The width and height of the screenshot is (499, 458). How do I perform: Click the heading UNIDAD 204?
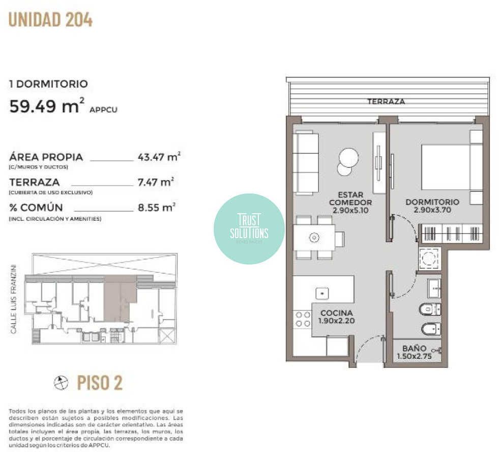pos(50,20)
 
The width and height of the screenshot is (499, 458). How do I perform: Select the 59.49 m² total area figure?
pos(46,107)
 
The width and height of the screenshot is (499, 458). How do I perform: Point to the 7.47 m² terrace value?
pos(156,182)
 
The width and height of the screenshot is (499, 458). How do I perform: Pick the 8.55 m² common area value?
pos(157,207)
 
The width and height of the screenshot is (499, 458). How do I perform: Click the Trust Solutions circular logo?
pos(249,229)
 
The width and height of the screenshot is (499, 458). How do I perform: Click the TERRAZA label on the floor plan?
pos(386,102)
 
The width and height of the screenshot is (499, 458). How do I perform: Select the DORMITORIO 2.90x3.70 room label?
pos(432,206)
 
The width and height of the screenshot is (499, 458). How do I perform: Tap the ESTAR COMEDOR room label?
pos(350,202)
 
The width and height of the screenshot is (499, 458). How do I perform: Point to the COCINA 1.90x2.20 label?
pos(336,317)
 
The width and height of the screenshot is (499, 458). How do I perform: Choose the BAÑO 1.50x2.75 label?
pos(414,352)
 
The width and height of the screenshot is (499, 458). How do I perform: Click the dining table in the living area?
pos(314,238)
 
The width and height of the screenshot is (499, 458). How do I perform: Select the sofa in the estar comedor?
pos(307,162)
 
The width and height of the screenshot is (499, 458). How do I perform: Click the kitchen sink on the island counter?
pos(322,293)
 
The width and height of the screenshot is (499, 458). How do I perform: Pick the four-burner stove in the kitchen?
pos(303,319)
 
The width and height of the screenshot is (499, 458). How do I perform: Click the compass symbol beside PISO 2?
pos(61,383)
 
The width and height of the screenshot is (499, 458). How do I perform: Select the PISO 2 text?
pos(100,383)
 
